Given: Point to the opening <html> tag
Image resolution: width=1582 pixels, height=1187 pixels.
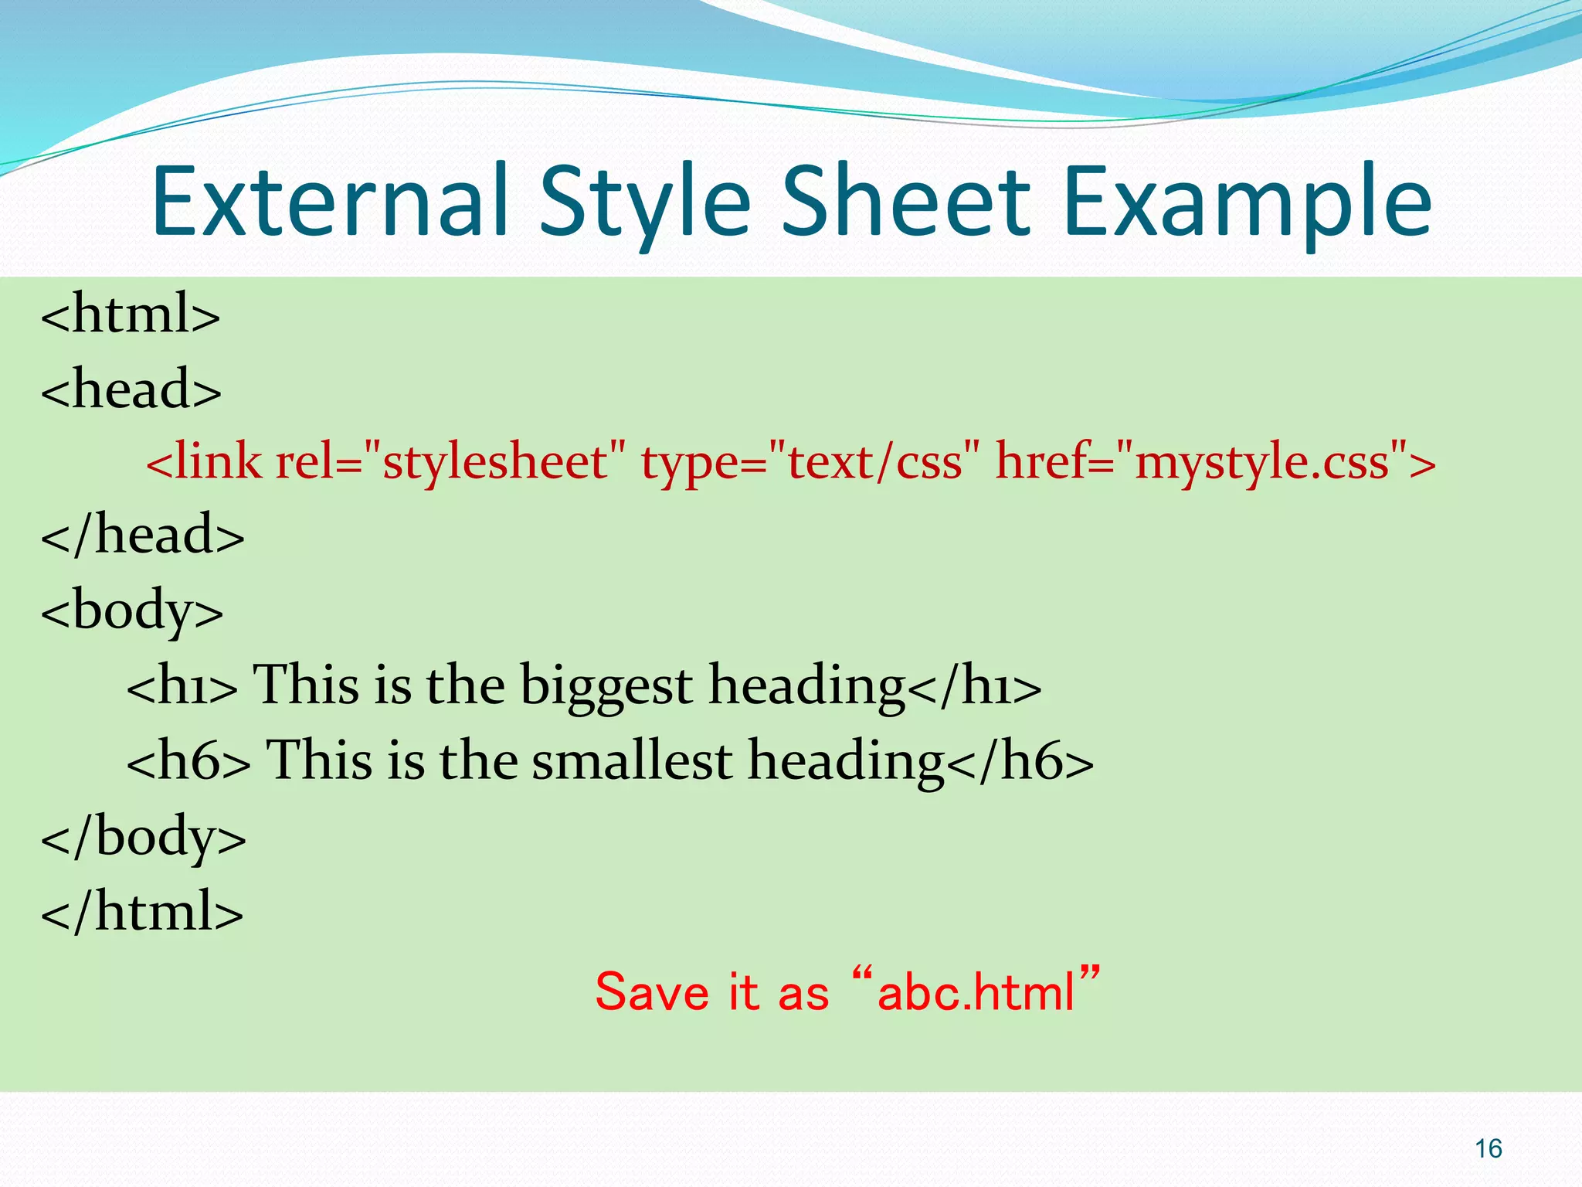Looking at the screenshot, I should click(x=131, y=314).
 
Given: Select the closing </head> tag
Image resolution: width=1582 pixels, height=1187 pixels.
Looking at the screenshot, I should click(x=143, y=535).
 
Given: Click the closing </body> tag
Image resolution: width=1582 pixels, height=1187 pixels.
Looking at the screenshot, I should click(x=144, y=838).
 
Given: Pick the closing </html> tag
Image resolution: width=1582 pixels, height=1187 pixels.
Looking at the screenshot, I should click(x=142, y=912).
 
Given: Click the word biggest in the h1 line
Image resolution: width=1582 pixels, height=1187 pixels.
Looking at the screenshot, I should click(x=606, y=685).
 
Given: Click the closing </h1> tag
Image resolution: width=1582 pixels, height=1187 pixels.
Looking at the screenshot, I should click(x=975, y=686).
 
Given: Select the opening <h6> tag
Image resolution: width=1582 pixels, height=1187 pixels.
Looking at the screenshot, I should click(x=188, y=760).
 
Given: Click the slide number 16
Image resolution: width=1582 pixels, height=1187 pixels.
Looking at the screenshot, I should click(x=1488, y=1149).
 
